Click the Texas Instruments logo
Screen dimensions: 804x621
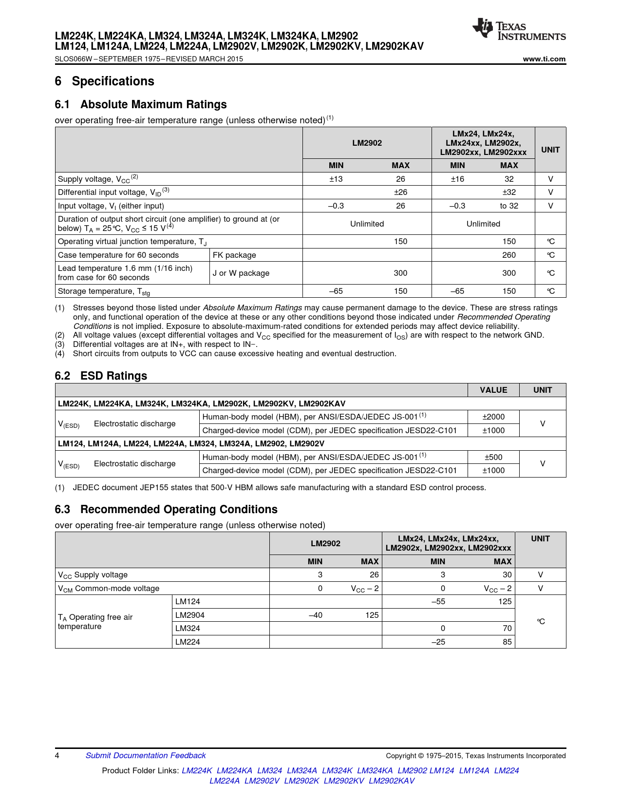click(519, 30)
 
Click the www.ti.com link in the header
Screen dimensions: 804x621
click(544, 59)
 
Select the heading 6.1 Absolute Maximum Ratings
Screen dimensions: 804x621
click(141, 104)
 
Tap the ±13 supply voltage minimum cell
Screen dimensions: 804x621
click(336, 179)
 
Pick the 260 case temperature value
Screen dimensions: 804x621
click(509, 255)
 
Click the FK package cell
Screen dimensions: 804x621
click(234, 255)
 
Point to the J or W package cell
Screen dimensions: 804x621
click(241, 273)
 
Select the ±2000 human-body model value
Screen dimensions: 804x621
click(493, 417)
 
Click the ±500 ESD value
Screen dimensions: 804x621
click(493, 457)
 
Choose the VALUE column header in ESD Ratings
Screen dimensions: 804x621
click(493, 390)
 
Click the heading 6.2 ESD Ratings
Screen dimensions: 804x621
click(101, 376)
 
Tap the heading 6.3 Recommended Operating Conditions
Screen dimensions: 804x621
click(166, 509)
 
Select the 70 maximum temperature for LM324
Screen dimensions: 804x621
click(507, 628)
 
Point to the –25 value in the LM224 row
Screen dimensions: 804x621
click(438, 642)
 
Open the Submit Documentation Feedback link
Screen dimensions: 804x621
click(146, 755)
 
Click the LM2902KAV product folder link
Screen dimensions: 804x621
click(392, 781)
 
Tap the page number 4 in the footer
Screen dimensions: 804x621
click(57, 755)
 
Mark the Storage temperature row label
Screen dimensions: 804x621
click(104, 291)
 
